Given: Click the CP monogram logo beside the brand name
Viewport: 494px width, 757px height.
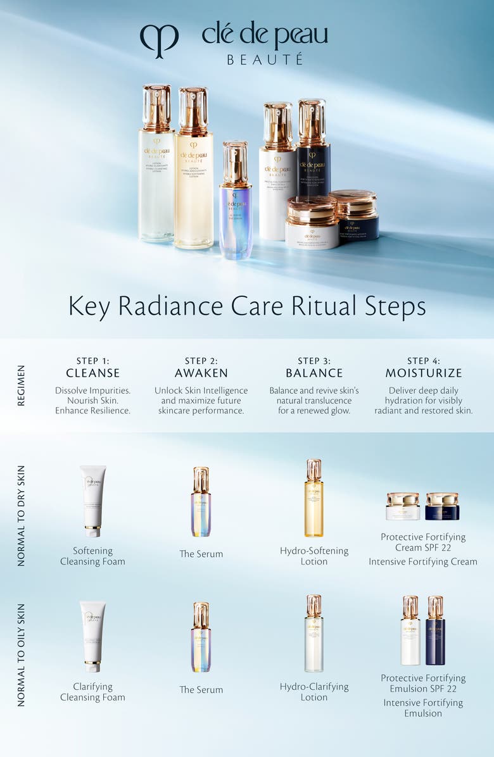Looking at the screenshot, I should (x=159, y=40).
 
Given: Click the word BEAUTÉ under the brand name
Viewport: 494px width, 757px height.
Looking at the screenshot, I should (x=265, y=59).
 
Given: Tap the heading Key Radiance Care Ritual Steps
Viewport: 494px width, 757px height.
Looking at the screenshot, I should (x=247, y=306).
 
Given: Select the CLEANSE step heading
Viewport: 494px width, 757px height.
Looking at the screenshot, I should (x=92, y=373).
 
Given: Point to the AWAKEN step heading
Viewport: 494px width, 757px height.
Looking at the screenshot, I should (x=201, y=373).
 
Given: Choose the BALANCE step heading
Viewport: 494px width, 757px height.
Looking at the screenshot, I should (x=314, y=373).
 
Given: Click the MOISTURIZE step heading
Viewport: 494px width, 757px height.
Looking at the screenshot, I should (x=424, y=373).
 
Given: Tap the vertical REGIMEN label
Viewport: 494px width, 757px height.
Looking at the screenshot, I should (x=22, y=385).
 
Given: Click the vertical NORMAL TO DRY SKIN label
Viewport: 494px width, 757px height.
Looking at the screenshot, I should (x=22, y=516).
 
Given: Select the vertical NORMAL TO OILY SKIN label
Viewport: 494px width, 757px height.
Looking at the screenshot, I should (x=22, y=654).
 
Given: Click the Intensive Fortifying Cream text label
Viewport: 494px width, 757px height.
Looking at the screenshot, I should (x=423, y=561).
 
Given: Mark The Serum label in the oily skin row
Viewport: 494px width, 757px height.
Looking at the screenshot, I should (x=201, y=690).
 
